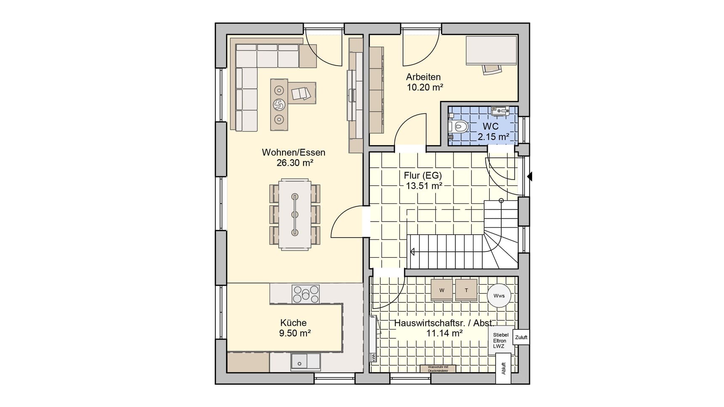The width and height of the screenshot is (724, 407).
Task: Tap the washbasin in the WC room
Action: click(x=500, y=111)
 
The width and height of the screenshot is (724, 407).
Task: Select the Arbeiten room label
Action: click(x=423, y=77)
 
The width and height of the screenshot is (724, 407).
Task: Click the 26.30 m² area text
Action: click(x=295, y=163)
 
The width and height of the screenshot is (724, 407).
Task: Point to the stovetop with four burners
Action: click(x=306, y=294)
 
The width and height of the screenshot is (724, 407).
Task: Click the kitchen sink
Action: click(x=306, y=362)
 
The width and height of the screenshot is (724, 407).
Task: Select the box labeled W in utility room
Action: click(x=442, y=290)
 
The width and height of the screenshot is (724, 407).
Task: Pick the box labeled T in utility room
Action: click(x=466, y=290)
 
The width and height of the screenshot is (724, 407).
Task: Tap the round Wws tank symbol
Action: click(x=499, y=296)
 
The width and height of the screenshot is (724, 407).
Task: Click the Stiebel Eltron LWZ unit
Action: click(x=501, y=340)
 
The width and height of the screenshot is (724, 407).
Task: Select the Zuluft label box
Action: click(x=521, y=337)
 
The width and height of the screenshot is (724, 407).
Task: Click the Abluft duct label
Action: click(x=503, y=368)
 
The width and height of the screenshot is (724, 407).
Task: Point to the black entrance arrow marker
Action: click(x=530, y=177)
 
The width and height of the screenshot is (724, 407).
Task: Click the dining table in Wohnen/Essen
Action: click(x=295, y=215)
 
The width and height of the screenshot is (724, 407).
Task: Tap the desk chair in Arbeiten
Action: click(x=492, y=69)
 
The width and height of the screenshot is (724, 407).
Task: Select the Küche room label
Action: click(x=293, y=323)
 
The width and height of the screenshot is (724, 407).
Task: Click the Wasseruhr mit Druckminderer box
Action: click(x=438, y=369)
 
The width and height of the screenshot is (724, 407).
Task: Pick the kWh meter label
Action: click(x=373, y=357)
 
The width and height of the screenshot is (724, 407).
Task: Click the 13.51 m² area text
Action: click(x=423, y=186)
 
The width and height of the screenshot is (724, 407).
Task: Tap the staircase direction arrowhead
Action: click(x=412, y=252)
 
